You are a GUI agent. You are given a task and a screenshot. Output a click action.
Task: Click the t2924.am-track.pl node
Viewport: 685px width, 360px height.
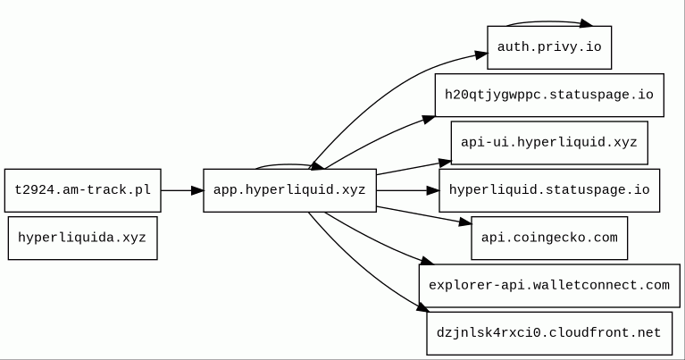82,190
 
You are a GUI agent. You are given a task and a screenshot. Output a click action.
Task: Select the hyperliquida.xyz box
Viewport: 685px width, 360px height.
82,239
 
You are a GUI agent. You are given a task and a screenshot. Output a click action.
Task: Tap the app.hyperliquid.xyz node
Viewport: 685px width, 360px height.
289,190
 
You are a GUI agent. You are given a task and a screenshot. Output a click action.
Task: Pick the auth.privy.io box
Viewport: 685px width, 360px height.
549,47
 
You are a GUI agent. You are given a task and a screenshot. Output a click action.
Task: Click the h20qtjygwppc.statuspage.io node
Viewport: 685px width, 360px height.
549,96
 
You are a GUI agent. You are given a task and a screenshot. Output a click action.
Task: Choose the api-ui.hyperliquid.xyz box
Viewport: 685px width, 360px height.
549,143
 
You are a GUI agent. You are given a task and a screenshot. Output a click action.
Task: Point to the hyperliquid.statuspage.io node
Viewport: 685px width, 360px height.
549,190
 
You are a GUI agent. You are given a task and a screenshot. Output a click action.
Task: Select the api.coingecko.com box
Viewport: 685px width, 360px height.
549,239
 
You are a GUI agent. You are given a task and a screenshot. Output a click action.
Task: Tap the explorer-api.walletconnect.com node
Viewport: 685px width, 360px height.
549,286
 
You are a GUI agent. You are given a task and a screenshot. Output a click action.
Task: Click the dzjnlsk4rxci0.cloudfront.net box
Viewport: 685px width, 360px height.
549,333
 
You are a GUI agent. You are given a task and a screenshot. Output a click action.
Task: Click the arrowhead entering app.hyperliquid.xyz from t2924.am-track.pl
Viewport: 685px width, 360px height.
197,190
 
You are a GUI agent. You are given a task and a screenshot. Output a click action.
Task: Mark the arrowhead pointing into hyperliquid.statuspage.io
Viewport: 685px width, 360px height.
433,190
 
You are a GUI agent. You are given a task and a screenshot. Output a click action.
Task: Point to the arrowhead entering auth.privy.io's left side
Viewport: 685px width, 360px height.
481,55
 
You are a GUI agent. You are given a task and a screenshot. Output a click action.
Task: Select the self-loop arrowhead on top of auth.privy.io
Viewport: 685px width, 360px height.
586,23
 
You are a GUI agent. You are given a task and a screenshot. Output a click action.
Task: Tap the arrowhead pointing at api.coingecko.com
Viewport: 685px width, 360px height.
465,222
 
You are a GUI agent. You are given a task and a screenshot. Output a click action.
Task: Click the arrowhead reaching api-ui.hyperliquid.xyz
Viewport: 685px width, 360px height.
445,163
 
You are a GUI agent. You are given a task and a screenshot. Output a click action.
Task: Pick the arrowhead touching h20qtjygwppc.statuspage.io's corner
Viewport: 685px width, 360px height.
429,120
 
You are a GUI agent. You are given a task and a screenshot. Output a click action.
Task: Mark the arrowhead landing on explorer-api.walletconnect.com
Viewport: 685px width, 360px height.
427,261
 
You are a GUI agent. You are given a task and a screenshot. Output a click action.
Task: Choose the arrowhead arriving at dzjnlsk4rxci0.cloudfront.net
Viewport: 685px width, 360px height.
422,307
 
